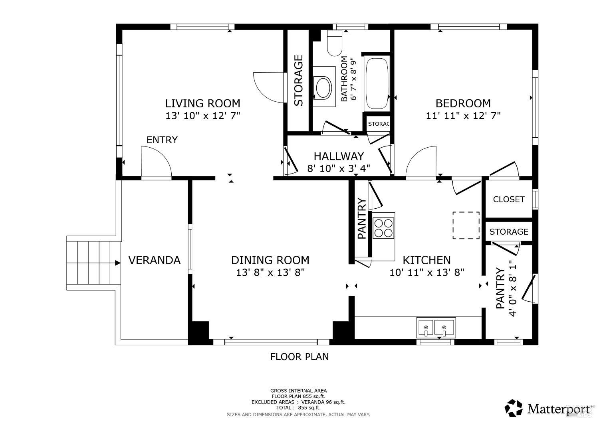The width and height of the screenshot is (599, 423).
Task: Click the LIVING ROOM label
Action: click(203, 103)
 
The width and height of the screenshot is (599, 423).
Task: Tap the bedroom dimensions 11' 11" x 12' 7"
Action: click(463, 116)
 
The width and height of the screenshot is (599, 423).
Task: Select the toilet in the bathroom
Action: click(335, 43)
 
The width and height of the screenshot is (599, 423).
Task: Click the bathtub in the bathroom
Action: click(377, 84)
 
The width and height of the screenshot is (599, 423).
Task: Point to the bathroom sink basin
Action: click(323, 87)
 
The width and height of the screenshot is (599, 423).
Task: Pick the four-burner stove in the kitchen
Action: click(384, 228)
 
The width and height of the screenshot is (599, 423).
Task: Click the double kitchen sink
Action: click(436, 328)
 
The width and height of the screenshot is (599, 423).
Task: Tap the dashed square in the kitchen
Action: click(466, 225)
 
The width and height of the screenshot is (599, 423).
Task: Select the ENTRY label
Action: click(162, 140)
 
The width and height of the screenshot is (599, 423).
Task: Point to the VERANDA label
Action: click(154, 261)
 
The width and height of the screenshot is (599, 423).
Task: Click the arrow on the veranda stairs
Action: click(118, 263)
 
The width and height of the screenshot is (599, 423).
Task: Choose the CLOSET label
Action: click(509, 199)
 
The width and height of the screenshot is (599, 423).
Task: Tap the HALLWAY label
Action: click(339, 156)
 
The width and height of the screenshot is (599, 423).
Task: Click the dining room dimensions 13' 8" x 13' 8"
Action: click(270, 273)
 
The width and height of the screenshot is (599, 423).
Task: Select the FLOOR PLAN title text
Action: click(299, 357)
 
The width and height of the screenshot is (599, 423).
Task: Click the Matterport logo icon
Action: click(514, 408)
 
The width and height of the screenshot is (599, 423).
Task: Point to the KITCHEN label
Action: click(426, 261)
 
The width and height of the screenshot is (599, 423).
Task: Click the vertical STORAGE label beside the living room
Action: click(299, 81)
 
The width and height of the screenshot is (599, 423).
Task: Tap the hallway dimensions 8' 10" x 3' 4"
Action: click(339, 168)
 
